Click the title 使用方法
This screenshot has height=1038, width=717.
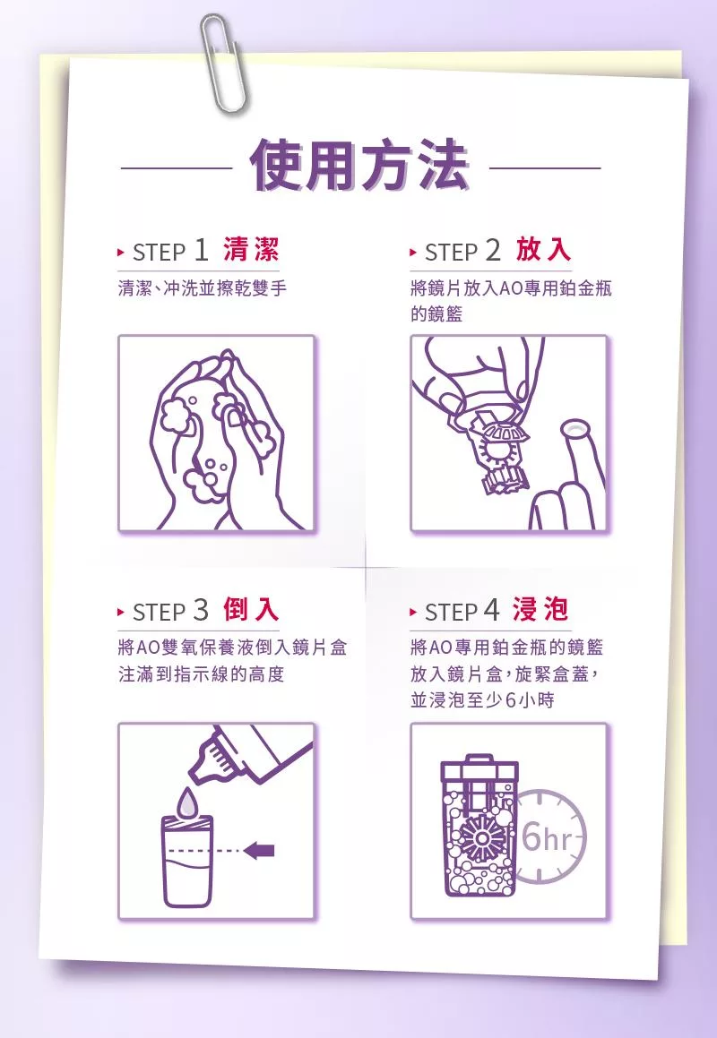click(360, 166)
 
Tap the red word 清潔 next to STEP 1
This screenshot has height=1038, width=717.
click(251, 250)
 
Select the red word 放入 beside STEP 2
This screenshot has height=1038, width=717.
click(543, 250)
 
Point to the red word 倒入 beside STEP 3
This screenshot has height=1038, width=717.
click(251, 609)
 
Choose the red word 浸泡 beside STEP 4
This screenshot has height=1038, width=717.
click(540, 609)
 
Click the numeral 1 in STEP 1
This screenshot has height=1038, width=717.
click(201, 250)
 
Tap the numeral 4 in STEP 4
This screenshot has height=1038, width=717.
click(491, 610)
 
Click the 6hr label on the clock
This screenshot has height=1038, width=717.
click(547, 838)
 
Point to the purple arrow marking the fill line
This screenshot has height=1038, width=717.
click(259, 850)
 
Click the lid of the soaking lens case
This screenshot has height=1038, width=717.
click(479, 767)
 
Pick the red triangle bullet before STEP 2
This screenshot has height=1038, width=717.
click(413, 253)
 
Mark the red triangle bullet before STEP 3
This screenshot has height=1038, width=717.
click(120, 612)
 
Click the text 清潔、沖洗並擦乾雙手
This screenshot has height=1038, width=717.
click(203, 288)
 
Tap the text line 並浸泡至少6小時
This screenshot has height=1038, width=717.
click(482, 700)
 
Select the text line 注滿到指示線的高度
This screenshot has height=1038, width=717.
click(201, 673)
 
